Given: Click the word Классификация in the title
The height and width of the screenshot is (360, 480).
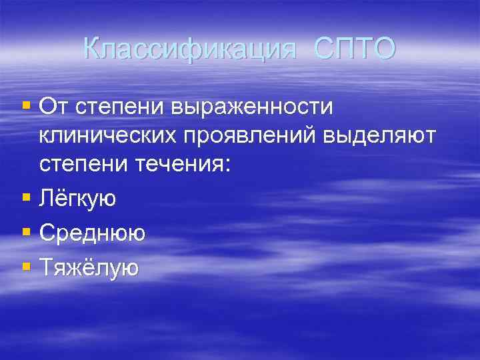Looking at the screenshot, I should click(x=189, y=48).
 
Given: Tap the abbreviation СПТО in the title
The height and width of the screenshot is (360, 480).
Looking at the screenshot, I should click(x=354, y=48).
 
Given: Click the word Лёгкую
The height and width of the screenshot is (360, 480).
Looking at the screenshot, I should click(x=77, y=198).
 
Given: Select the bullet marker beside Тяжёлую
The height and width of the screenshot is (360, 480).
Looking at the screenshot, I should click(x=26, y=267).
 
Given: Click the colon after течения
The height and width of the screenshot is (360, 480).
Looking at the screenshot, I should click(x=228, y=167).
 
